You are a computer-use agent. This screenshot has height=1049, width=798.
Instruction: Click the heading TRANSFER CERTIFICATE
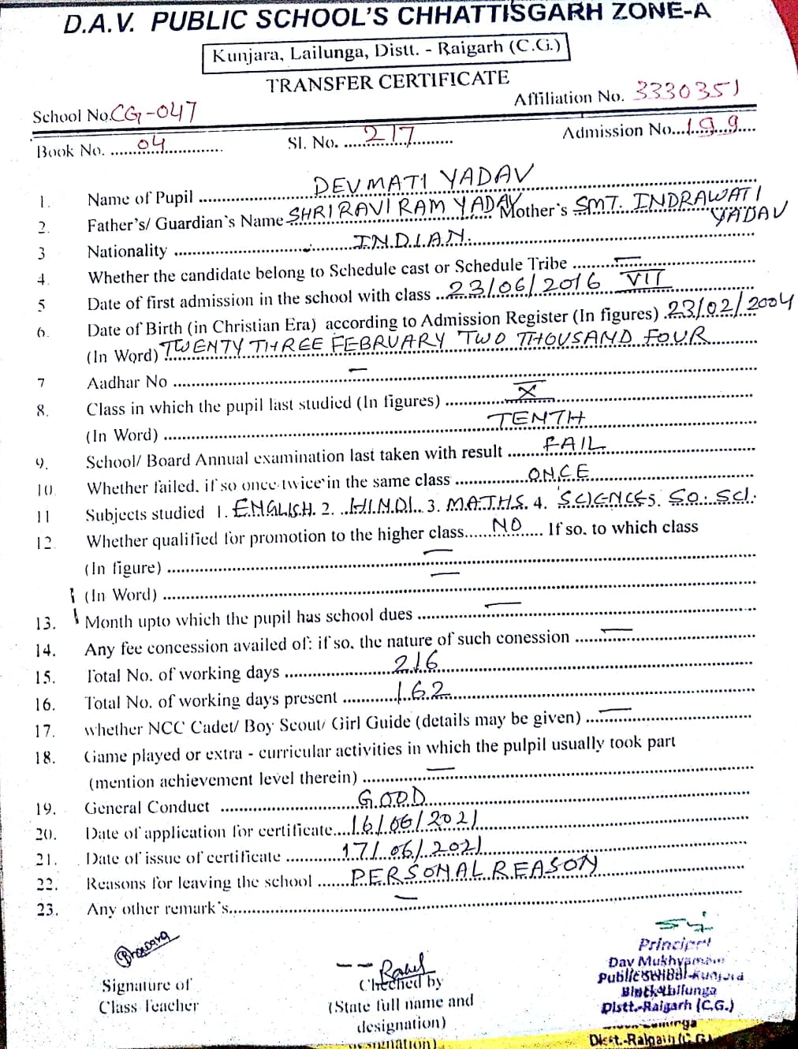387,81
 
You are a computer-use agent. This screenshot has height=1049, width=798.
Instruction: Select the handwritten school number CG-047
154,113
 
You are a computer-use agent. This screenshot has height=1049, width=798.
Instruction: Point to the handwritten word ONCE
558,473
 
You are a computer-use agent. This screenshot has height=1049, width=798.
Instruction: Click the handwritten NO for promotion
507,526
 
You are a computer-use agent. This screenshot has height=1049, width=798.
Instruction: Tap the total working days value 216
416,662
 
